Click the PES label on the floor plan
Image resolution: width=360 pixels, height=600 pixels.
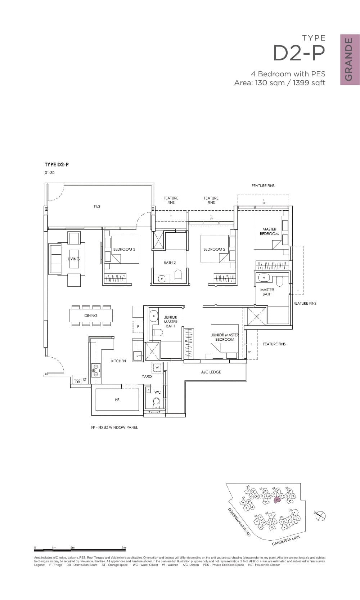tap(97, 206)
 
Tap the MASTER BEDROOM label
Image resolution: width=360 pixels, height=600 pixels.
tap(269, 231)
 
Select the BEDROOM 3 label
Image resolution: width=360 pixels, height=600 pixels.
tap(124, 249)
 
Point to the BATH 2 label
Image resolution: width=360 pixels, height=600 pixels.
tap(170, 263)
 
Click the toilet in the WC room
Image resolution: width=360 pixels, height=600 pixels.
tap(156, 401)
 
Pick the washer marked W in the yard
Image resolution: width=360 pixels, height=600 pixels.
tap(157, 368)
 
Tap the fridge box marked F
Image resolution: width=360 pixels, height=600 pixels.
tap(138, 326)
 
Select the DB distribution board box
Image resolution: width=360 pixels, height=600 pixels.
tap(77, 381)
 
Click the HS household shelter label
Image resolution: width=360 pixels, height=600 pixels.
tap(117, 400)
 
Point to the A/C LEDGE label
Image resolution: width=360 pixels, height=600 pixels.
tap(211, 372)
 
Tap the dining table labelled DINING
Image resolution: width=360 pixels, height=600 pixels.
tap(91, 315)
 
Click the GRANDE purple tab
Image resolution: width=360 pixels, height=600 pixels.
tap(350, 59)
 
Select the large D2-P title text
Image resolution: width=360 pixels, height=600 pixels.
tap(299, 53)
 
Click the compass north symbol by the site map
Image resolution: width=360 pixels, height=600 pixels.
tap(320, 516)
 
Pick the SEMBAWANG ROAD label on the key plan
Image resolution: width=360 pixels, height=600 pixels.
tap(239, 522)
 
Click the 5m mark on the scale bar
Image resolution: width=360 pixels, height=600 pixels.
tap(123, 548)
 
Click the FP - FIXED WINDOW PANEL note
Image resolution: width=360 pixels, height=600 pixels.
tap(114, 427)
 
